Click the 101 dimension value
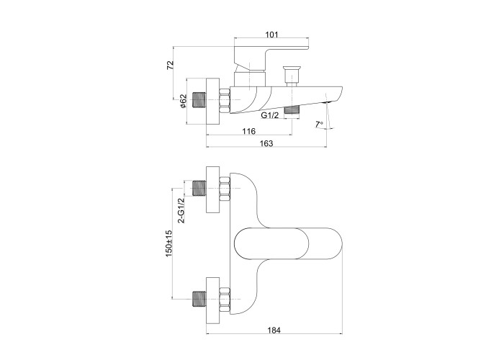coord(272,35)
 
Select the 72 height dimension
coord(171,66)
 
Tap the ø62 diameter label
coord(183,101)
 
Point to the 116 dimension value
coord(249,131)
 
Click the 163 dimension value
coord(266,143)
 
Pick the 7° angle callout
coord(319,124)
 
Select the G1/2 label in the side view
coord(270,115)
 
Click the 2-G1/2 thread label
coord(181,210)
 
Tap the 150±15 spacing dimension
coord(169,243)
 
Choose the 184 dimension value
coord(274,330)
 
